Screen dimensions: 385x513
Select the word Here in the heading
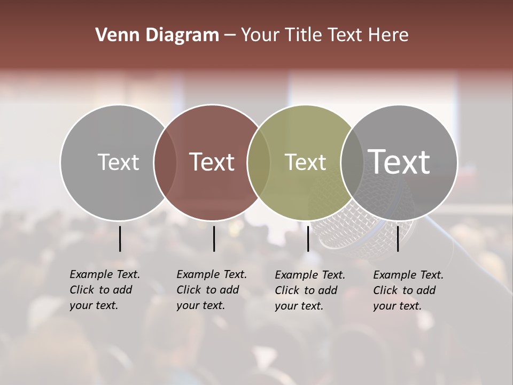(388, 35)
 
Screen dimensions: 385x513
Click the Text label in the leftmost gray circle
(118, 162)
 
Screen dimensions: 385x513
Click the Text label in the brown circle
(212, 162)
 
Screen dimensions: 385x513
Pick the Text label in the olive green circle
(305, 162)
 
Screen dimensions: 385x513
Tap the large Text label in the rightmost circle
(399, 161)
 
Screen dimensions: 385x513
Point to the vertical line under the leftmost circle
(120, 238)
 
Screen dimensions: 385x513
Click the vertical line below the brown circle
(214, 238)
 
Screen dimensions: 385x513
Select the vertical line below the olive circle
(308, 238)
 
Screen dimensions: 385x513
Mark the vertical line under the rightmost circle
(398, 238)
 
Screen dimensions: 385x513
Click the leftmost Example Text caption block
(104, 290)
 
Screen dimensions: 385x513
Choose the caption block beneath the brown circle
(211, 290)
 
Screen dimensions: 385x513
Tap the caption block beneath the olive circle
(309, 290)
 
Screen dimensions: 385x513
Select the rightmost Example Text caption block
(408, 290)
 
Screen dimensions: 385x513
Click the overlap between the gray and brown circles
(165, 162)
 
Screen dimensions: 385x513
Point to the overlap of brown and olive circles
(259, 162)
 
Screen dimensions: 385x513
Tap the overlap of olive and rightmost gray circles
(352, 162)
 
